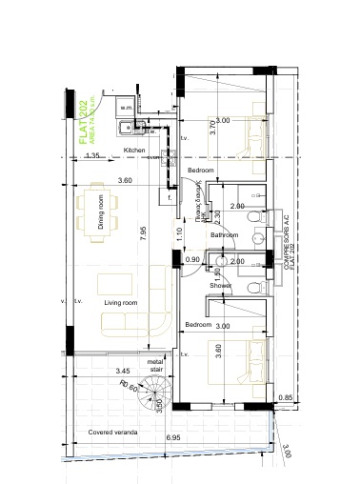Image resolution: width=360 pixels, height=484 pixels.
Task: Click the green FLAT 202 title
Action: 85,119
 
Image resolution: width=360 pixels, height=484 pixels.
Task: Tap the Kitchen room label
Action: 134,151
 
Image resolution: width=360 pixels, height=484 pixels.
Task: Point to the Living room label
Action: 122,303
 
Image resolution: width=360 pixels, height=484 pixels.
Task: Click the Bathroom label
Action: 224,234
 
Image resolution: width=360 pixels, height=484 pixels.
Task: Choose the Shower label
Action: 221,285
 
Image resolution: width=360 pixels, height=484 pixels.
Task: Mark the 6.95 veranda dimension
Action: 173,436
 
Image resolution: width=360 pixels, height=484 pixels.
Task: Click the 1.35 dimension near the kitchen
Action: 92,155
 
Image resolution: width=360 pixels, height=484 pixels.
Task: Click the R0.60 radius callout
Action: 130,388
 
